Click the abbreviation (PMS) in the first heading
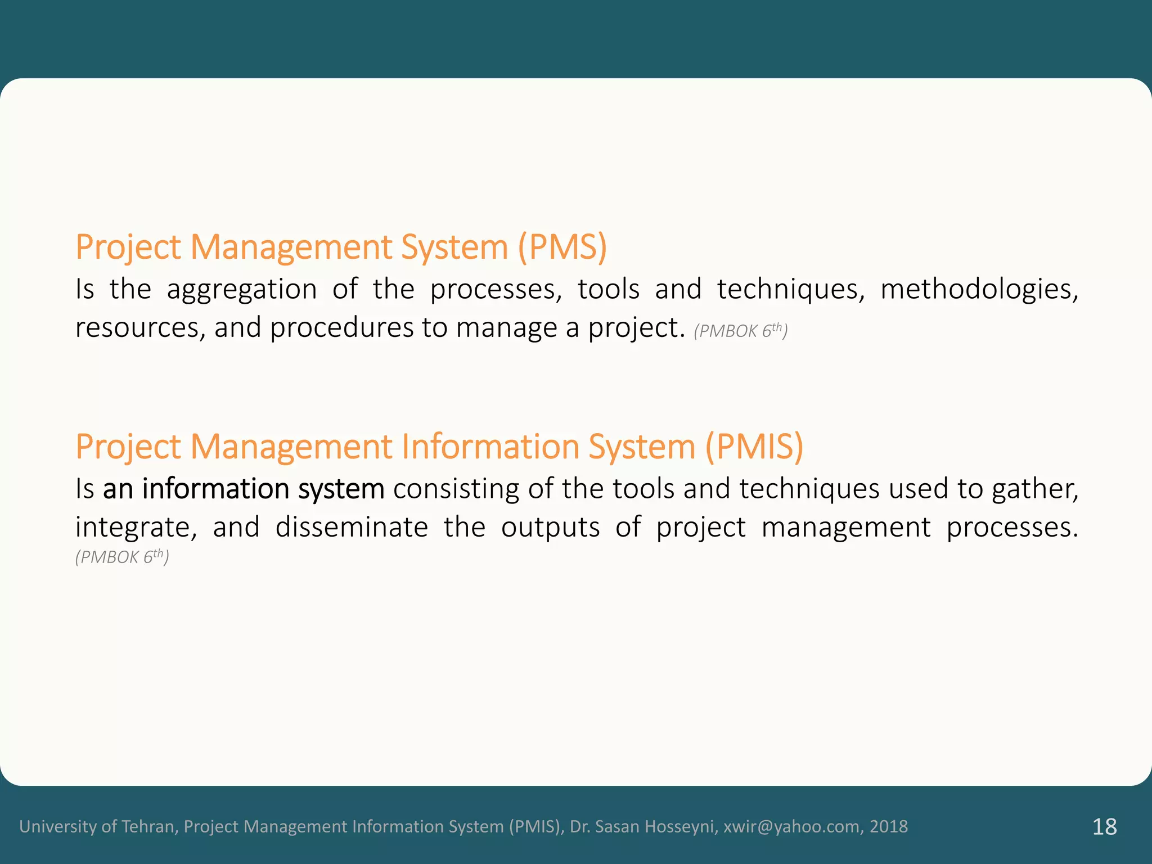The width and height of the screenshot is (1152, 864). pyautogui.click(x=562, y=247)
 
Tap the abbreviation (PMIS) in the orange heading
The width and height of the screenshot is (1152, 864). pyautogui.click(x=754, y=447)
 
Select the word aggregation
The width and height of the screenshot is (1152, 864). pyautogui.click(x=242, y=290)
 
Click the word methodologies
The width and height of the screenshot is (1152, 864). pyautogui.click(x=979, y=290)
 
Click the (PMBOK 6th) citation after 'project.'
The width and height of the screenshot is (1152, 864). pyautogui.click(x=740, y=331)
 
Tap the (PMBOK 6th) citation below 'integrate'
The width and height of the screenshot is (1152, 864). pyautogui.click(x=122, y=557)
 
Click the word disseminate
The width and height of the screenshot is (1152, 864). pyautogui.click(x=352, y=528)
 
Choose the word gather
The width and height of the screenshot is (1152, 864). pyautogui.click(x=1034, y=489)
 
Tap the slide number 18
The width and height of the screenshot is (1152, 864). pyautogui.click(x=1104, y=827)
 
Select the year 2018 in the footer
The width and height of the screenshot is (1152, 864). pyautogui.click(x=889, y=826)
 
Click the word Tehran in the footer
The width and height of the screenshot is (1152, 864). pyautogui.click(x=150, y=826)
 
